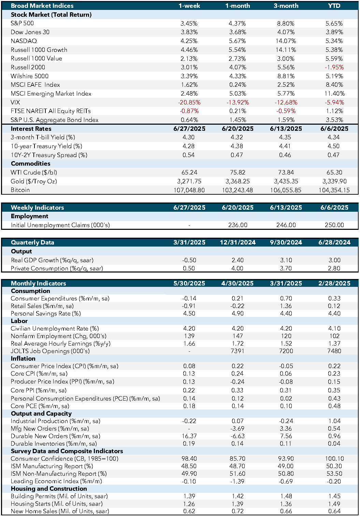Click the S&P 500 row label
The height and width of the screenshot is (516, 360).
(x=22, y=23)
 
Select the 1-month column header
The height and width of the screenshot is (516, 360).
(x=237, y=6)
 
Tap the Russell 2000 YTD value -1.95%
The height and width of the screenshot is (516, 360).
(x=334, y=67)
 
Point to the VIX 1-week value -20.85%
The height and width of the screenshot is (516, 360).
(x=189, y=102)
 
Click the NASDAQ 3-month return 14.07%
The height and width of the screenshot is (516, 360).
(x=286, y=41)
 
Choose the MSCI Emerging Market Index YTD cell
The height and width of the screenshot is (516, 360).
(x=334, y=94)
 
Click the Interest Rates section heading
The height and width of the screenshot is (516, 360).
(x=31, y=128)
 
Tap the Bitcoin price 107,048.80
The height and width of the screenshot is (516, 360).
(x=189, y=190)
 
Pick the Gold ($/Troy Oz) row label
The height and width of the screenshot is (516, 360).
(x=33, y=181)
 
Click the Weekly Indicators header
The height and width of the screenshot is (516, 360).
(x=37, y=208)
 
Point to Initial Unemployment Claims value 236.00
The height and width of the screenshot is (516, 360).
(x=237, y=225)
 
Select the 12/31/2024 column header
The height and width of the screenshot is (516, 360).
(x=237, y=242)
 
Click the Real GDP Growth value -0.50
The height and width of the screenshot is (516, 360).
(x=189, y=260)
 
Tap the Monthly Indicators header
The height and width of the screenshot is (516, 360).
(x=39, y=283)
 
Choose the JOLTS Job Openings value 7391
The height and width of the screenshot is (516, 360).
(x=237, y=351)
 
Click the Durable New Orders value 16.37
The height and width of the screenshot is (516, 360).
(x=189, y=436)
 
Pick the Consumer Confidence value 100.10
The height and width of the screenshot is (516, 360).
(x=334, y=458)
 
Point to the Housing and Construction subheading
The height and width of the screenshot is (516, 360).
(x=49, y=489)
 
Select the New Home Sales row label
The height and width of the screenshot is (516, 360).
(x=60, y=511)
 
